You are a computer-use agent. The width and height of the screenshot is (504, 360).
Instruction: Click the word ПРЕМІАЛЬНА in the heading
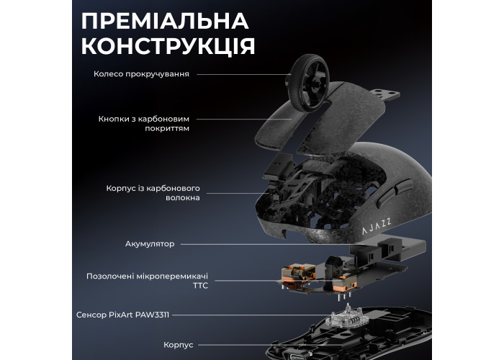coord(165,21)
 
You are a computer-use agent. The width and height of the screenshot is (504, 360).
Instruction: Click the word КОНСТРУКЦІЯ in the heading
coord(168,46)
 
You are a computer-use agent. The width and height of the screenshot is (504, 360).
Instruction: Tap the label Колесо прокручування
coord(141,74)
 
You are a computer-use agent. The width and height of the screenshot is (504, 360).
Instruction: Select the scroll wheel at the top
coord(307,83)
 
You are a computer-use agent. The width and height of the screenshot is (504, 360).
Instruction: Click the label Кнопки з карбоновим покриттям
coord(144,124)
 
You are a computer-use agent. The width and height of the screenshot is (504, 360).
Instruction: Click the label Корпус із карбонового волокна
coord(153,193)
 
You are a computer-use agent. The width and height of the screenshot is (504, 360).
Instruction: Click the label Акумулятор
coord(150,244)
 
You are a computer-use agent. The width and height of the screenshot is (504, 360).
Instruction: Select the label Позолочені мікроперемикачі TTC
coord(147,281)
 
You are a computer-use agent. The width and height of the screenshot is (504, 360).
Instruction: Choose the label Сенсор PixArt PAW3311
coord(122,315)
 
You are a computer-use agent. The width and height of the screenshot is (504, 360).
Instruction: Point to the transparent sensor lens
coord(348,317)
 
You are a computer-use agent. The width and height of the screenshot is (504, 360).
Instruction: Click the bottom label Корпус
coord(179,345)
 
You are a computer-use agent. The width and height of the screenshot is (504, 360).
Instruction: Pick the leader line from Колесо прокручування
coord(244,74)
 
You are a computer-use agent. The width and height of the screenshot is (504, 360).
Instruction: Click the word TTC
coord(201,285)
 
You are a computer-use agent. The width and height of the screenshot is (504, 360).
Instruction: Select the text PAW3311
coord(152,315)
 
